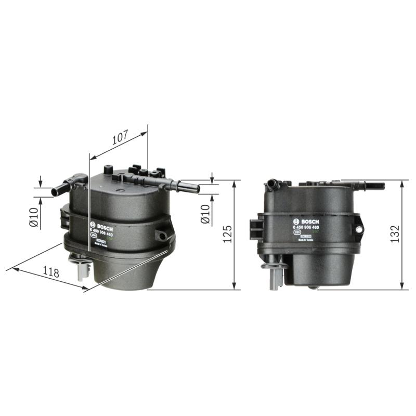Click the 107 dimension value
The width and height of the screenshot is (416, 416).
[120, 138]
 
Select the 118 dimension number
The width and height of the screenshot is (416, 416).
[50, 271]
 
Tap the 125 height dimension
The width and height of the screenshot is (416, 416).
[227, 235]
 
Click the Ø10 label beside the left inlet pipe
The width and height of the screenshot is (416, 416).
[34, 217]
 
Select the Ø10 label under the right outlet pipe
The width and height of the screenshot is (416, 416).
[205, 214]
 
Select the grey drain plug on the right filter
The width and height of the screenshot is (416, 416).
[275, 276]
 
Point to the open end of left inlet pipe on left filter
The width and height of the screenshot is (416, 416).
[54, 192]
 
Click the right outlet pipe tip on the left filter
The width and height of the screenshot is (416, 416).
[197, 189]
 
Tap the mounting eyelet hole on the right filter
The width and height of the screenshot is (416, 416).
[359, 229]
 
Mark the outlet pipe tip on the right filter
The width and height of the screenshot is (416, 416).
[382, 186]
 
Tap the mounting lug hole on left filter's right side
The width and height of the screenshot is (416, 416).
[163, 236]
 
